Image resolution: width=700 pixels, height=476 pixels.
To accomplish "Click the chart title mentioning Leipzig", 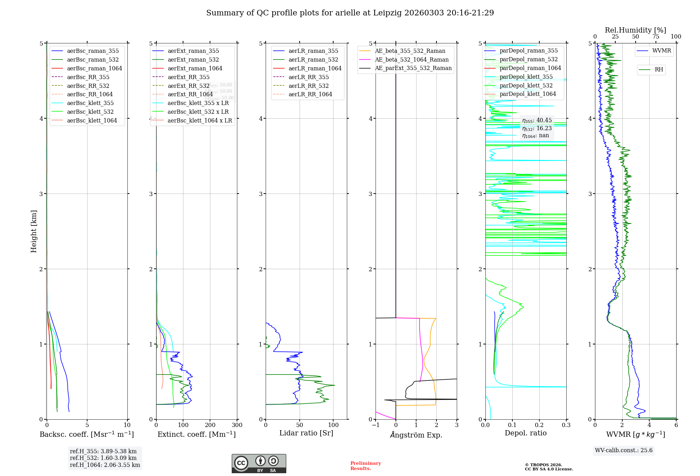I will (350, 13).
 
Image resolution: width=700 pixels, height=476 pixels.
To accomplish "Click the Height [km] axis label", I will (34, 231).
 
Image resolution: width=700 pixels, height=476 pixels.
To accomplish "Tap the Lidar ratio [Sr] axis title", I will (306, 433).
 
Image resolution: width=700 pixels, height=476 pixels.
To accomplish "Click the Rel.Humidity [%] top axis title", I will (635, 30).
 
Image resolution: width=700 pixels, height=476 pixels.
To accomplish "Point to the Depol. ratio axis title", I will (525, 433).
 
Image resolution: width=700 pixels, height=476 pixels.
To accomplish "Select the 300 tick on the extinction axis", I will (237, 425).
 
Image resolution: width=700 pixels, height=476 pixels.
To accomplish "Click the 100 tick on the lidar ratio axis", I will (333, 425).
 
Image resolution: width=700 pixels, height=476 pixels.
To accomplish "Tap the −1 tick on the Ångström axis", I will (376, 425).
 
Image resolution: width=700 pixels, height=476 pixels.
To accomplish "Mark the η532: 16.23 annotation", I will (537, 128).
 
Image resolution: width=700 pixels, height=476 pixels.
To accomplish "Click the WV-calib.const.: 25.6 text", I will (623, 450).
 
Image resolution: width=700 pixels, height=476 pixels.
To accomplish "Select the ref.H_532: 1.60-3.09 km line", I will (103, 458).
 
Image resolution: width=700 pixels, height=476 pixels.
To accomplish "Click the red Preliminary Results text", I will (365, 466).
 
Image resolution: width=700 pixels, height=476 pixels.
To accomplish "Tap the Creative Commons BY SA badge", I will (259, 464).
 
